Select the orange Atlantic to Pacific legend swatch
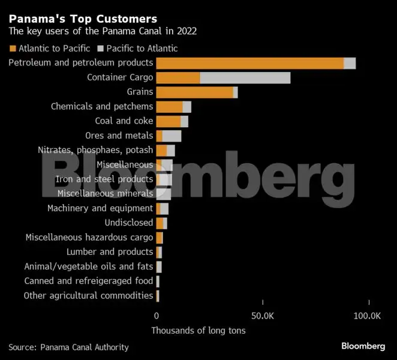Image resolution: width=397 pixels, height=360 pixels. click(x=13, y=48)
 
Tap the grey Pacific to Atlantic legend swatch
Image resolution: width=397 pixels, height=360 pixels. click(x=101, y=48)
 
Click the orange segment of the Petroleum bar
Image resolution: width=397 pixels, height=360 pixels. click(x=249, y=63)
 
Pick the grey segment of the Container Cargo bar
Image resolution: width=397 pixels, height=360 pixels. click(x=245, y=77)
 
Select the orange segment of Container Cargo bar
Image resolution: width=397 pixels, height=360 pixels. click(x=178, y=77)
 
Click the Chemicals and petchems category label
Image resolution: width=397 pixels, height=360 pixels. click(x=102, y=106)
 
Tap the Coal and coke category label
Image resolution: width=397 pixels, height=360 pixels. click(x=124, y=121)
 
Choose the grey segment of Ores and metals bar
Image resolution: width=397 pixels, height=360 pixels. click(x=172, y=136)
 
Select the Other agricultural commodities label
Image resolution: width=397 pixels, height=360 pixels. click(x=88, y=295)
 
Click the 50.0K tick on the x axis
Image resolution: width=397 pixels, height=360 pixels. click(x=262, y=316)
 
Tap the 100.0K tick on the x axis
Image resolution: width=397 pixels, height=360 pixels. click(x=367, y=316)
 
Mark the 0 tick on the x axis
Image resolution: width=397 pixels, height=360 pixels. click(x=157, y=316)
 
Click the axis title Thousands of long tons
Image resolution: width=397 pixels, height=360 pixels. click(x=198, y=331)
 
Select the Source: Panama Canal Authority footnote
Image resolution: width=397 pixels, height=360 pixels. click(x=68, y=347)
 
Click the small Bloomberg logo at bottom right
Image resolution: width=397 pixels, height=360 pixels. click(x=363, y=346)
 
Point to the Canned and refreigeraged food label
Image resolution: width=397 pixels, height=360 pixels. click(x=88, y=281)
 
